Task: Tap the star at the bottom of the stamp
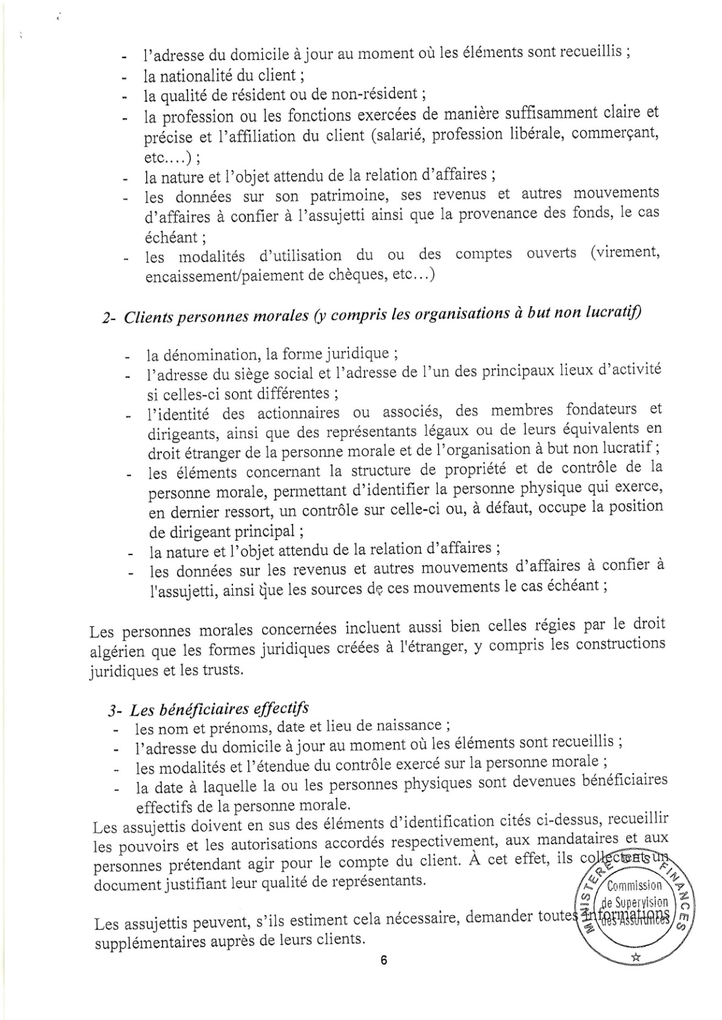(x=636, y=958)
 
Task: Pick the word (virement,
(x=625, y=252)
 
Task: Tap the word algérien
(x=118, y=652)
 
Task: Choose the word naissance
(x=419, y=725)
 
